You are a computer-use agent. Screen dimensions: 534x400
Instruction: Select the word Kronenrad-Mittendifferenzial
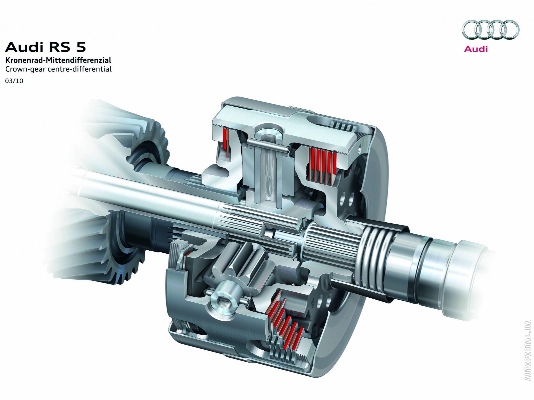[x=58, y=60]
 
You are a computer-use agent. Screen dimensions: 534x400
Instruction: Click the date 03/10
[x=14, y=81]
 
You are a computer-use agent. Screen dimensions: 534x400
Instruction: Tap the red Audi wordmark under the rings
[x=476, y=49]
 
